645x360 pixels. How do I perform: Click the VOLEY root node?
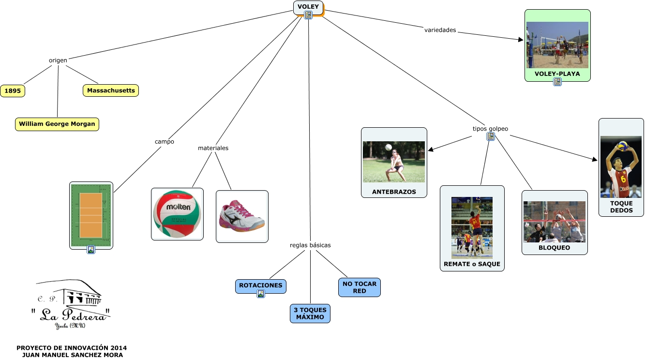(x=308, y=7)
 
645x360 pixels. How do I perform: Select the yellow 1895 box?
(x=12, y=90)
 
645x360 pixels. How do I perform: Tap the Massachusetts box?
(x=111, y=90)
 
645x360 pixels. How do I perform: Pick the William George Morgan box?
(x=57, y=124)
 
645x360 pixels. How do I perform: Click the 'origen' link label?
(x=58, y=60)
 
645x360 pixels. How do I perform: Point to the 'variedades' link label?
(x=440, y=30)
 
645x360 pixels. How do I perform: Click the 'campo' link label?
(x=164, y=142)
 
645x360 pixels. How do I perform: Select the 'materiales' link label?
(x=213, y=148)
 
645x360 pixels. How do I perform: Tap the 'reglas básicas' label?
(x=310, y=245)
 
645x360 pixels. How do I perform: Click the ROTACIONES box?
(x=260, y=285)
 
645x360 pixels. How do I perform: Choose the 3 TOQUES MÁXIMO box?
(x=310, y=313)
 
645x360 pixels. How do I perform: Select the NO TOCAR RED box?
(x=359, y=287)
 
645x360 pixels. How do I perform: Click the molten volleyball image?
(x=177, y=213)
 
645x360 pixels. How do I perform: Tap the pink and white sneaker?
(x=241, y=216)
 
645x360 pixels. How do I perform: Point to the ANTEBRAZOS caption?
(x=394, y=192)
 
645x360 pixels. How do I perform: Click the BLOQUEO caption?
(x=554, y=248)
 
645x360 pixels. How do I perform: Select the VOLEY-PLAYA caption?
(x=557, y=74)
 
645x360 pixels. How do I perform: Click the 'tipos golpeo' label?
(x=490, y=129)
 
